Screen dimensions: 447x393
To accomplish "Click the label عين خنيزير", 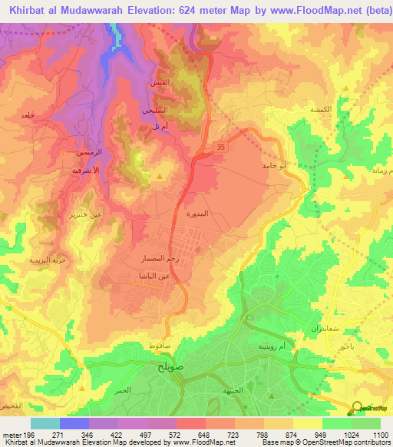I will pos(86,215).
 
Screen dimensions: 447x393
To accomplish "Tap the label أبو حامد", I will pos(274,165).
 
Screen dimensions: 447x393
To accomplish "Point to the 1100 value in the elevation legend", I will pos(380,435).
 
